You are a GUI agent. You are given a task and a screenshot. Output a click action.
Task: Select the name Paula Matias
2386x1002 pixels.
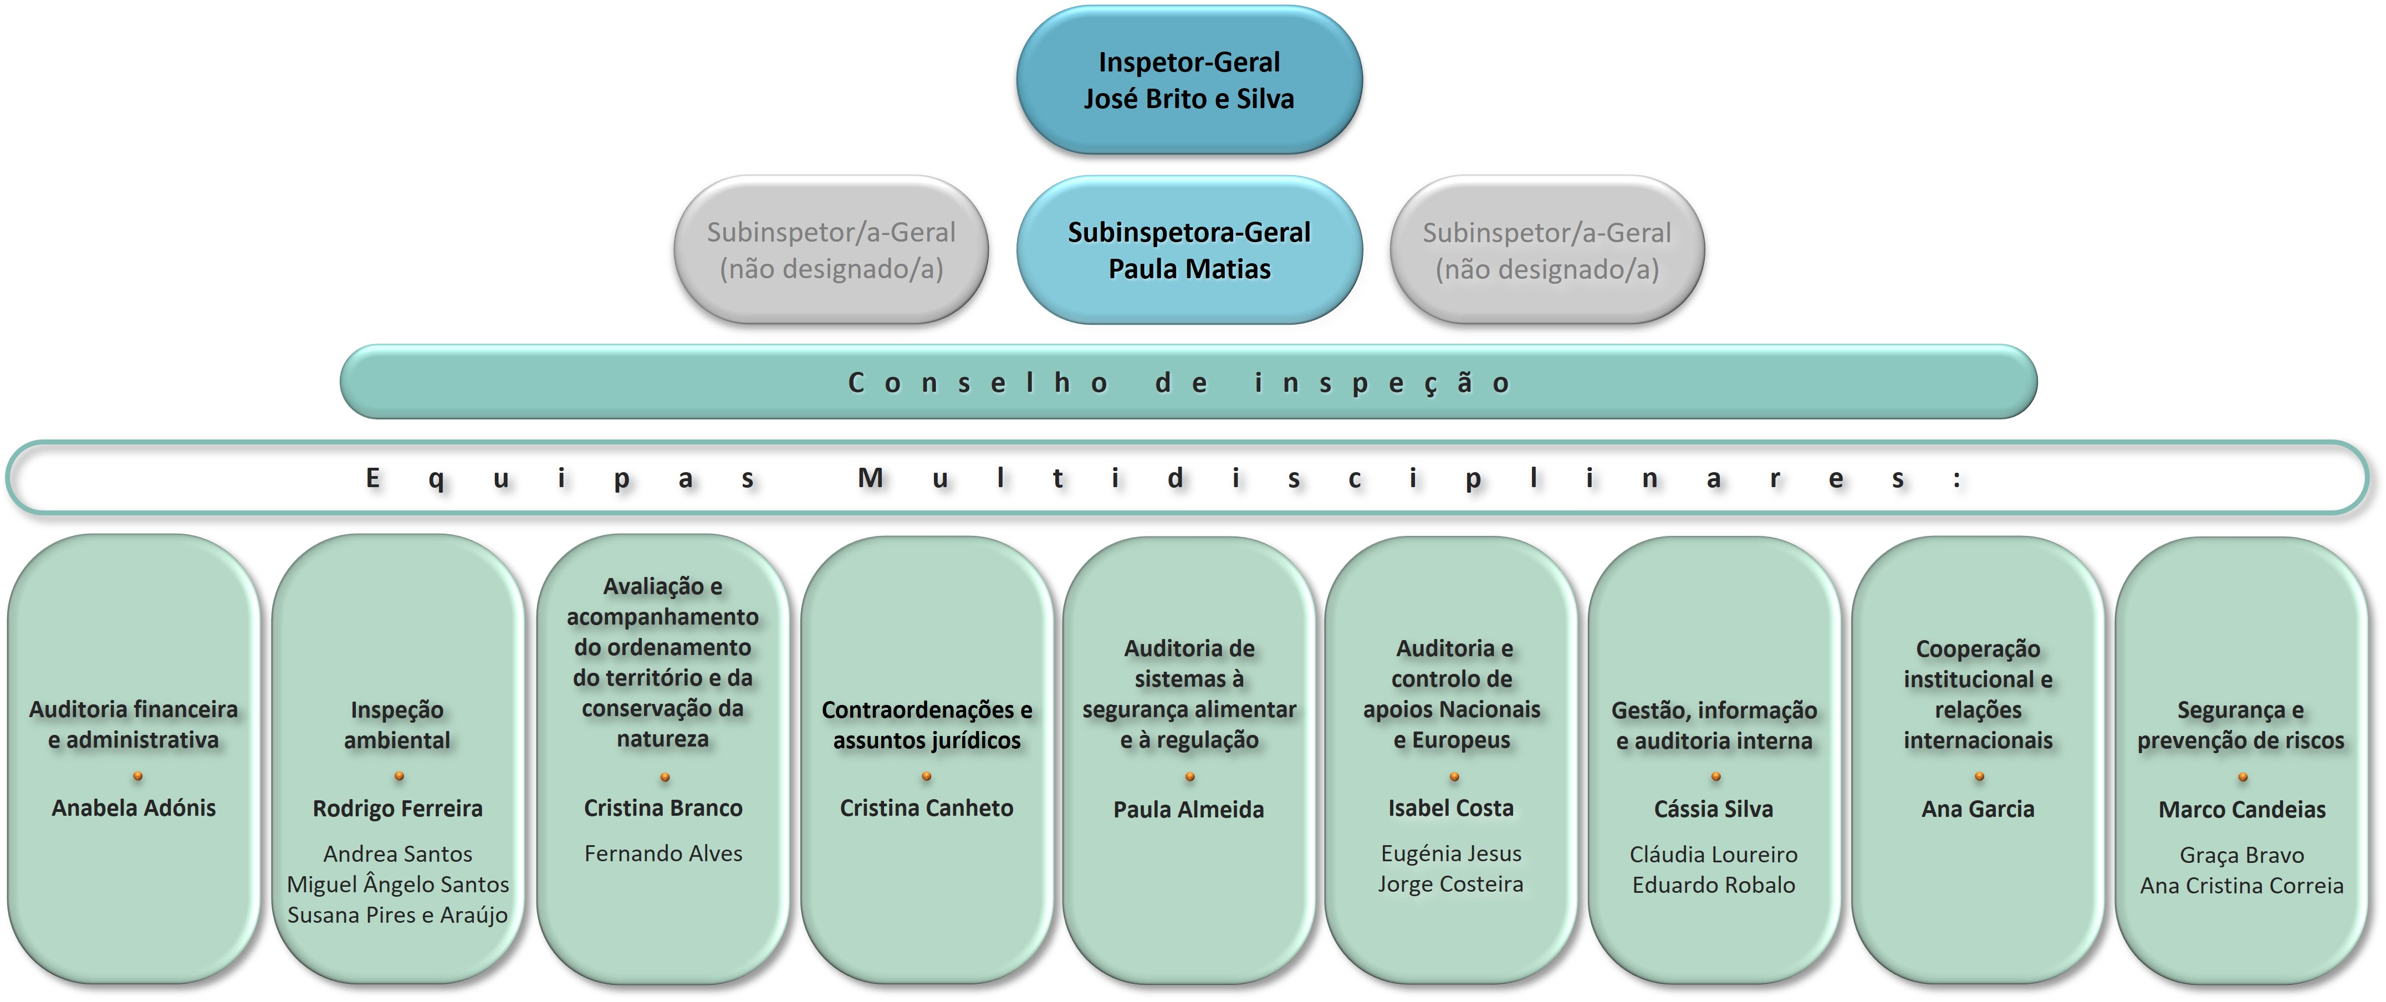[x=1189, y=269]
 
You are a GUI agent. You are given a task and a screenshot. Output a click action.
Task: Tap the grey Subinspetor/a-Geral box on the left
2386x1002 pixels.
[x=831, y=250]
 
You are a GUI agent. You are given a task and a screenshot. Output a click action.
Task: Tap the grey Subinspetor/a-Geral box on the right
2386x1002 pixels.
[x=1547, y=250]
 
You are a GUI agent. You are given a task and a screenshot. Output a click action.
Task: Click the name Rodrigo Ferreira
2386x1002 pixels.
[x=397, y=809]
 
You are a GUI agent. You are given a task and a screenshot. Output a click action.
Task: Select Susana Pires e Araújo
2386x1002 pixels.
[x=397, y=915]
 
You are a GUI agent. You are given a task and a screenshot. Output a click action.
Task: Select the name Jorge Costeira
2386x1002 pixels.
[x=1450, y=885]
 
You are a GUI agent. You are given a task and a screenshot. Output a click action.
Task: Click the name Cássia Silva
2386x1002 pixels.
[x=1714, y=809]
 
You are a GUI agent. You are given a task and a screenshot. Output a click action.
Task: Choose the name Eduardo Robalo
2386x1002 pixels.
[x=1714, y=885]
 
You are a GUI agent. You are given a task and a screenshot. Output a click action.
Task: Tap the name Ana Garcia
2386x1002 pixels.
[x=1978, y=809]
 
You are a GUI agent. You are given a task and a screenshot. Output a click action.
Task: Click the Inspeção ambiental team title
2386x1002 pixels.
[x=397, y=725]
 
